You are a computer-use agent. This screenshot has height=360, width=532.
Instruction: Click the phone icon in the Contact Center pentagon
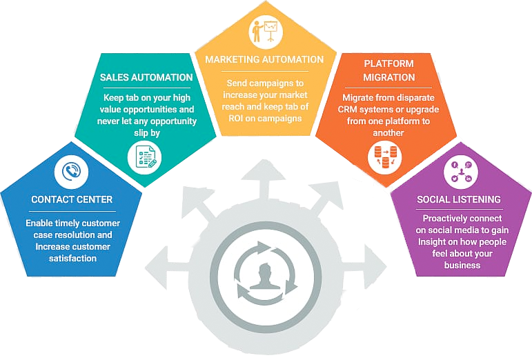(x=72, y=171)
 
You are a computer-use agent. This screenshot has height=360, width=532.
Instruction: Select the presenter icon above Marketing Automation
(x=264, y=30)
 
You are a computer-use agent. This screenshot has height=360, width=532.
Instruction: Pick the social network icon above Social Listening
(x=460, y=171)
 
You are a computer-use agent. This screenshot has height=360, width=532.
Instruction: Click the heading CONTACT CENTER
(x=72, y=200)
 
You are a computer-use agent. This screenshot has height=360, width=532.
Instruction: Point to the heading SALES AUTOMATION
(x=146, y=77)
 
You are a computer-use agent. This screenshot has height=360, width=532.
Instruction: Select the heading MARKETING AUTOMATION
(x=264, y=60)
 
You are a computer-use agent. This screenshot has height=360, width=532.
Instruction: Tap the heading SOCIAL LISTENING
(x=459, y=200)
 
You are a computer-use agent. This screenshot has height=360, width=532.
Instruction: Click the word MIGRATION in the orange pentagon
(x=389, y=77)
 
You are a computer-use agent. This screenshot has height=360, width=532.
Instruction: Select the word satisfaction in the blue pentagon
(x=72, y=259)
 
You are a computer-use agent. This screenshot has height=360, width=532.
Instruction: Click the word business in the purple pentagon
(x=462, y=266)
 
